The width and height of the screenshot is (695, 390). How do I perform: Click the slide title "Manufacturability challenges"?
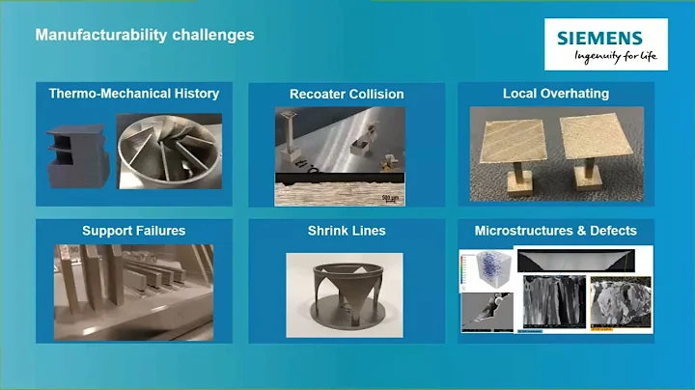[145, 35]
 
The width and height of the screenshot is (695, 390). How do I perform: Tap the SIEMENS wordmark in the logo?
[598, 39]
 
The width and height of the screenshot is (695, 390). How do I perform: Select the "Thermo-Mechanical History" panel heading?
[134, 95]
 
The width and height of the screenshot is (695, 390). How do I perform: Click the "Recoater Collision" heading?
[347, 95]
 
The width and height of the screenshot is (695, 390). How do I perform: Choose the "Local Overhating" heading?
[555, 95]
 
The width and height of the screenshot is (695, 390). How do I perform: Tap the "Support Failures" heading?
[134, 232]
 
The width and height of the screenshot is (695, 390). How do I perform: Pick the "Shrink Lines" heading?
[347, 232]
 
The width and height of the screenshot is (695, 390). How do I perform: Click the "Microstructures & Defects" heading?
[555, 232]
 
